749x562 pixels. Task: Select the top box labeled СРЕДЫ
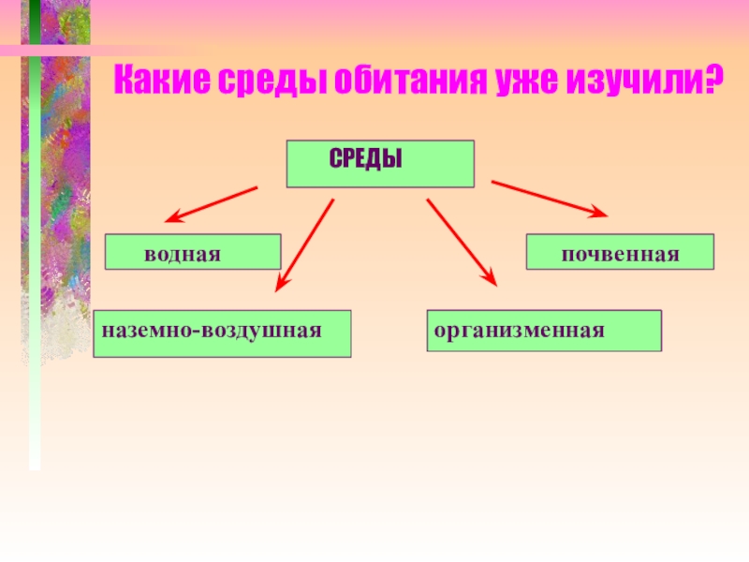[x=379, y=164]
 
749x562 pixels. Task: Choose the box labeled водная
[x=193, y=252]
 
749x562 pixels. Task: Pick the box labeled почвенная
[x=620, y=253]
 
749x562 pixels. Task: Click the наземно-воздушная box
[x=222, y=333]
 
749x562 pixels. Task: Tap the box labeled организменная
[x=544, y=331]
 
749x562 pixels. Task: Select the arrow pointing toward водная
[x=212, y=203]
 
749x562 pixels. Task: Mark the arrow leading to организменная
[x=462, y=241]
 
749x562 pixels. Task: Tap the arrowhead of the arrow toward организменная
[x=491, y=278]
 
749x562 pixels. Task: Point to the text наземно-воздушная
[x=212, y=331]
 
